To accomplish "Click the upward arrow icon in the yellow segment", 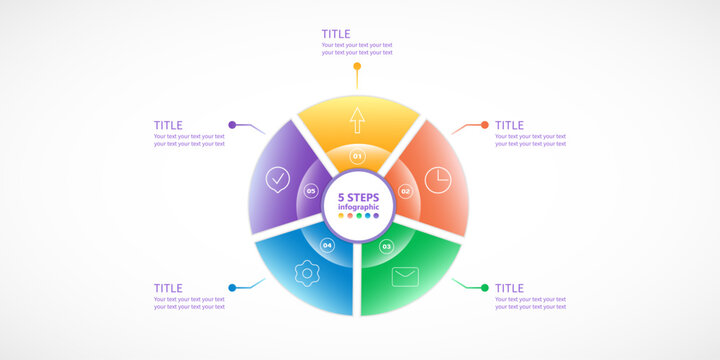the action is [x=357, y=121].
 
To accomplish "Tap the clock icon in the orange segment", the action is [x=438, y=180].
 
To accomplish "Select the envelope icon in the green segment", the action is [x=405, y=277].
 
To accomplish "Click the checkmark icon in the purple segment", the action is [x=278, y=180].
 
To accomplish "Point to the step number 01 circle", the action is [x=357, y=156].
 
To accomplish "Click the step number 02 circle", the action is [x=405, y=191].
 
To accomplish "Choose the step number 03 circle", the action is [x=387, y=245].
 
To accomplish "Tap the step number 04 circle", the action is [x=327, y=245].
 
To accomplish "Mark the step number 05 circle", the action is [x=311, y=191].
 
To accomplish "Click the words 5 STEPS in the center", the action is [x=358, y=197].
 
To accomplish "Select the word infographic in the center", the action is [x=358, y=207].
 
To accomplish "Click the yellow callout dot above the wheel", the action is [x=357, y=67].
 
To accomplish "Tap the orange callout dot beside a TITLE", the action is [x=485, y=125].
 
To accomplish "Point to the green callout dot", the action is [x=485, y=288].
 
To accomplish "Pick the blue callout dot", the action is [x=232, y=288].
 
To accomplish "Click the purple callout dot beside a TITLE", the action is [x=232, y=125].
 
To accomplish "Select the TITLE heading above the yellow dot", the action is [x=336, y=34].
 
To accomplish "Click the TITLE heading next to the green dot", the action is [x=509, y=288].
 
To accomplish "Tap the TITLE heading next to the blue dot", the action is [x=168, y=288].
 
